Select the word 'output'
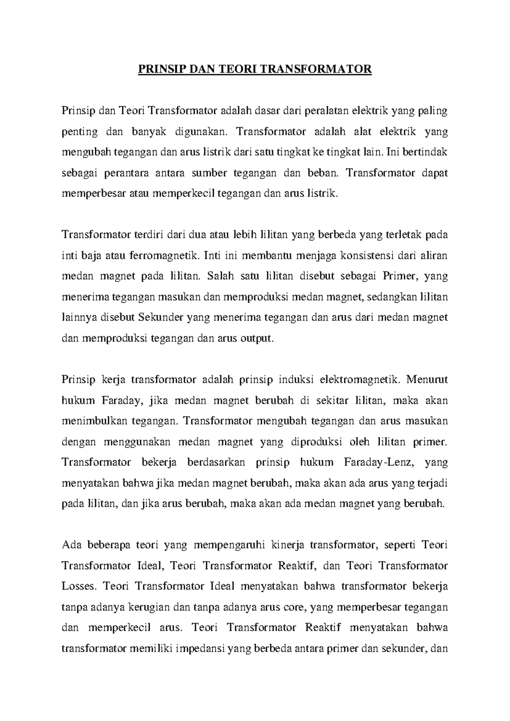click(255, 338)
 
